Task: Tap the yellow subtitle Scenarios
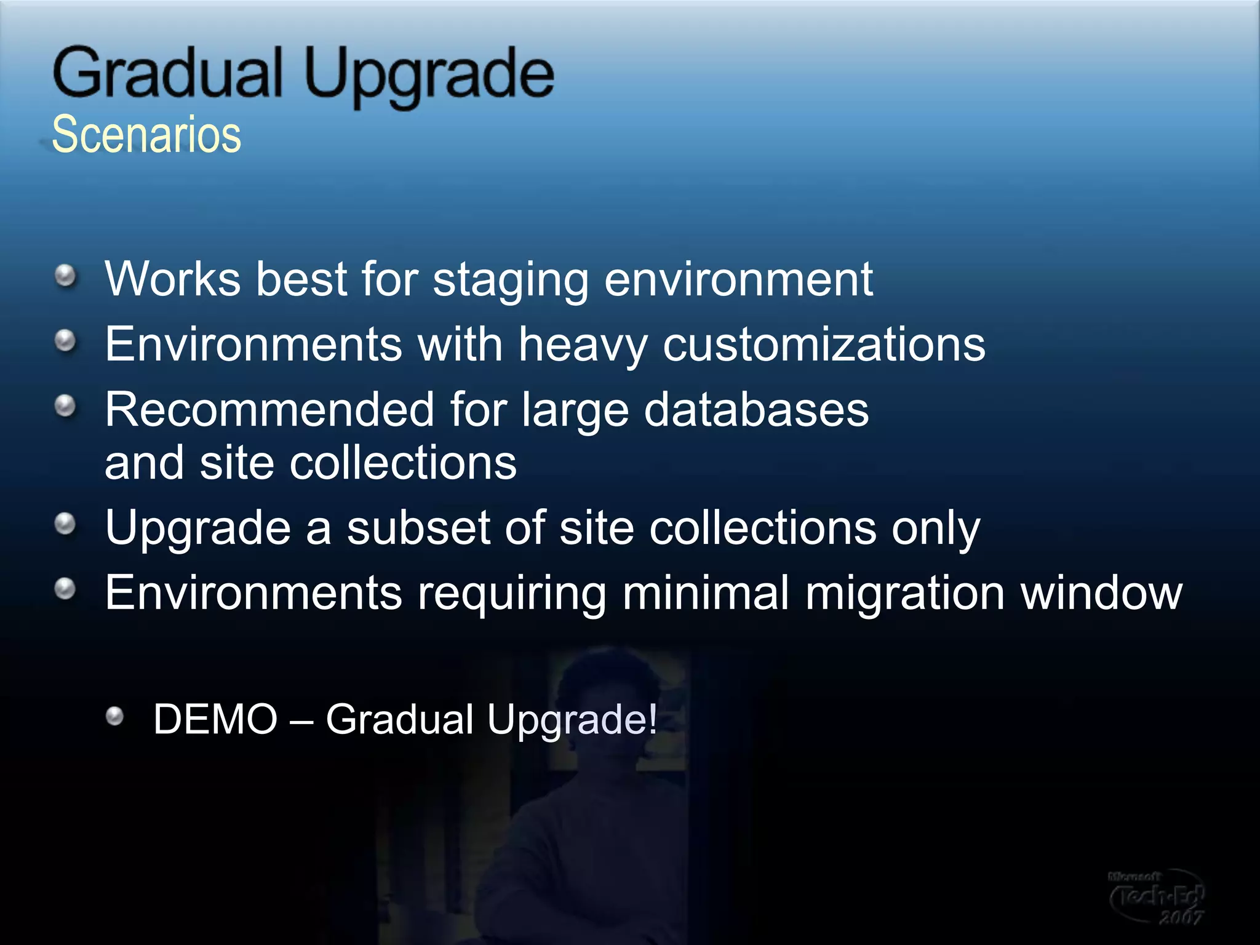tap(146, 135)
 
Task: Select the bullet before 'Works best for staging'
tap(65, 276)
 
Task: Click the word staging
tap(511, 281)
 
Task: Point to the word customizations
tap(824, 345)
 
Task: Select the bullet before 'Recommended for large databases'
tap(65, 406)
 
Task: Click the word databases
tap(756, 410)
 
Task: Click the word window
tap(1101, 593)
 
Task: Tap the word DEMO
tap(215, 719)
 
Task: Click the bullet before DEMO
tap(114, 716)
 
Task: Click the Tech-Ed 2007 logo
tap(1156, 897)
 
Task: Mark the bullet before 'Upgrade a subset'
tap(65, 524)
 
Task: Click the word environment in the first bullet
tap(738, 279)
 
